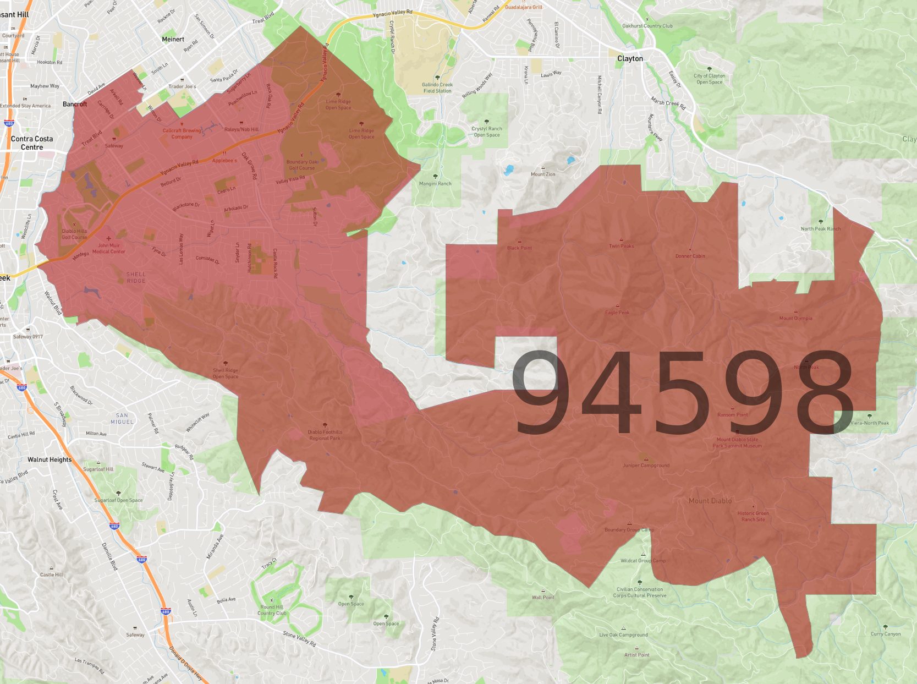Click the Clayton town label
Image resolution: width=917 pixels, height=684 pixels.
point(630,58)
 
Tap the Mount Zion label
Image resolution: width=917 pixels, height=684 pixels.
point(543,174)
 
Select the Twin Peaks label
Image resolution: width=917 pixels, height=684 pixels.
point(621,246)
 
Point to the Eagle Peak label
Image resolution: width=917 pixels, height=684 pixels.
point(617,313)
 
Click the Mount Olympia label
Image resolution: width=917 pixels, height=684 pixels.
point(795,318)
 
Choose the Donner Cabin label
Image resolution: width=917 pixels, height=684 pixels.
point(690,256)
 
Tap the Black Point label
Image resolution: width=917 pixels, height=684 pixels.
point(519,248)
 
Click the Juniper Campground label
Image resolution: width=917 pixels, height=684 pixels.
point(646,465)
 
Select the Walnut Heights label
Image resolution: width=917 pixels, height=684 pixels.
point(50,459)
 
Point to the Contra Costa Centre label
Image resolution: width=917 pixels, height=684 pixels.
point(32,143)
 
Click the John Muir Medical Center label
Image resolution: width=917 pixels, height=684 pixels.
point(109,248)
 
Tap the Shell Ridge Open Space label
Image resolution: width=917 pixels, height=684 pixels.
point(226,374)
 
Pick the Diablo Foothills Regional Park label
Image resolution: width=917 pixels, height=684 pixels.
point(325,435)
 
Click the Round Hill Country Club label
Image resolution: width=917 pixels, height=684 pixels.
point(272,610)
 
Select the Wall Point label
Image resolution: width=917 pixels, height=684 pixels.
point(543,597)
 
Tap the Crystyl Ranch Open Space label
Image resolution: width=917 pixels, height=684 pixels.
point(487,132)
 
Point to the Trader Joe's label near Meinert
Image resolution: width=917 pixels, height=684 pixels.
point(182,86)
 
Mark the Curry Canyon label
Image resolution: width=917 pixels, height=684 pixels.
point(886,634)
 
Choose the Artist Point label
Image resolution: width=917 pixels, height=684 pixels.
point(636,655)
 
